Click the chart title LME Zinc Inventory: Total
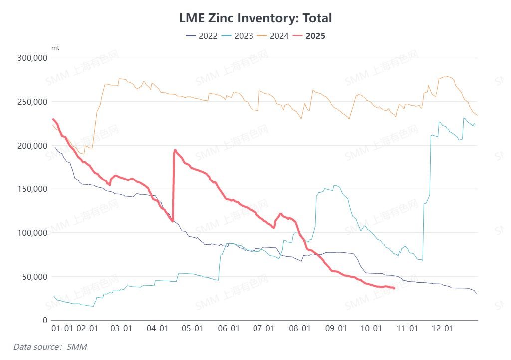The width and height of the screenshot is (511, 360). pos(255,18)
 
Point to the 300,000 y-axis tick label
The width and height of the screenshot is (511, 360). pos(31,58)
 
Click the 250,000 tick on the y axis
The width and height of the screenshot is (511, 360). pos(31,102)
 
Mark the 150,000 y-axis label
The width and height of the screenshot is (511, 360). pos(31,189)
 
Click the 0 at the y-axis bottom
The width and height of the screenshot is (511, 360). pos(44,320)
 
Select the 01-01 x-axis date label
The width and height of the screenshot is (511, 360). pos(62,329)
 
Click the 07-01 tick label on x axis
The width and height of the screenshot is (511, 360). pos(264,329)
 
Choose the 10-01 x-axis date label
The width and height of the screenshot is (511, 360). pos(371,329)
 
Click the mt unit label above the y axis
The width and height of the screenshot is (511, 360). pos(55,48)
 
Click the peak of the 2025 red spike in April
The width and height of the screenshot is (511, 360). pos(175,150)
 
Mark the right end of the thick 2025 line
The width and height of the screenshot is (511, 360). pos(394,288)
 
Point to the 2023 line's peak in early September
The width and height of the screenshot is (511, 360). pos(336,185)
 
